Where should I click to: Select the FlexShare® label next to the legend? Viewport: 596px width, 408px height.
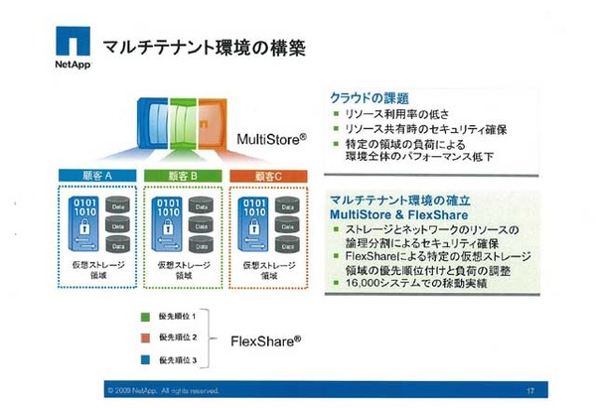[266, 338]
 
